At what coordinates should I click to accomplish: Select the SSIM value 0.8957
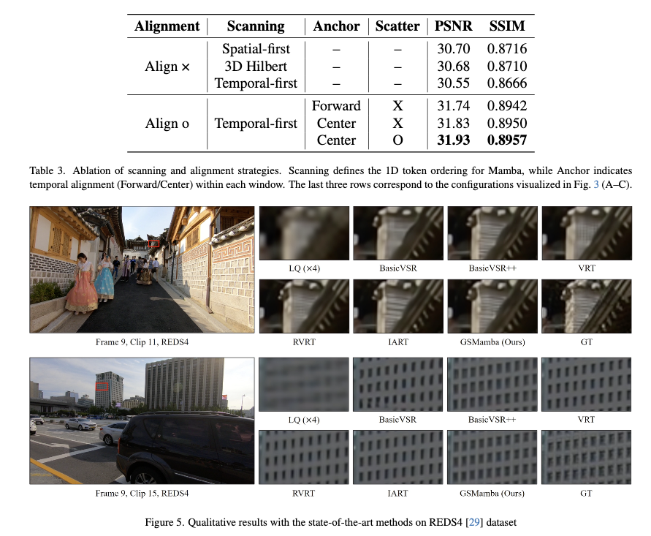(506, 140)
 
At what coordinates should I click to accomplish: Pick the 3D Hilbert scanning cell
(256, 67)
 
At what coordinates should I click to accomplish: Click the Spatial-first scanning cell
(256, 50)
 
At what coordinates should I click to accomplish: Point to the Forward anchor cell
(336, 106)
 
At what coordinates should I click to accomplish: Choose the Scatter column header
(397, 26)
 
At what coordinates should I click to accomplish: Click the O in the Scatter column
(397, 140)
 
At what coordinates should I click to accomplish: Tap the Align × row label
(167, 67)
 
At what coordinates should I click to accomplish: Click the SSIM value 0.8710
(506, 67)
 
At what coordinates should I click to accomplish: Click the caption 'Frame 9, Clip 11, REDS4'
(142, 340)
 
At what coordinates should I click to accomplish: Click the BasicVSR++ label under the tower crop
(492, 268)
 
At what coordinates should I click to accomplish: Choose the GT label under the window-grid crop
(585, 494)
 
